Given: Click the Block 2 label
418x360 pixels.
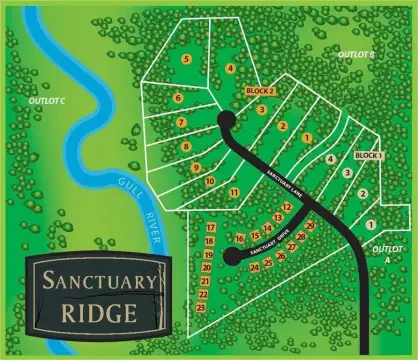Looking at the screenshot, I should (x=260, y=91).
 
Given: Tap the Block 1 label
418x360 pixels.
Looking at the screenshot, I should (x=369, y=156).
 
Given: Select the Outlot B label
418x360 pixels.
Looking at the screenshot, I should (x=355, y=53).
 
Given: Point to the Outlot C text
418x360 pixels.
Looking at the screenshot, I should (x=48, y=101).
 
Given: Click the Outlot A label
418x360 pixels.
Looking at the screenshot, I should (x=384, y=252).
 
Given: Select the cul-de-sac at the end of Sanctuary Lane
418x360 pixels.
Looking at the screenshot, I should (x=226, y=119).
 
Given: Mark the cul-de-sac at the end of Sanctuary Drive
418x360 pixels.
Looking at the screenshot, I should (x=231, y=257).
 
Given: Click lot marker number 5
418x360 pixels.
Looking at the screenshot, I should (x=186, y=59).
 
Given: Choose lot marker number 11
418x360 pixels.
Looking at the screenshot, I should (x=233, y=192).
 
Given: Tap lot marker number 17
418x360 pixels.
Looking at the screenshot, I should (x=210, y=228).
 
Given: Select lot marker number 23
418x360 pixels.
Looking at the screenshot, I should (x=201, y=307).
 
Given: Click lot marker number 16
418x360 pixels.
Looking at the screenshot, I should (x=240, y=238).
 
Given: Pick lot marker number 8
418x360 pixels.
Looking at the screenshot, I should (x=186, y=147).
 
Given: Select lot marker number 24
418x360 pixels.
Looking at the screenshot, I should (x=254, y=267).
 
